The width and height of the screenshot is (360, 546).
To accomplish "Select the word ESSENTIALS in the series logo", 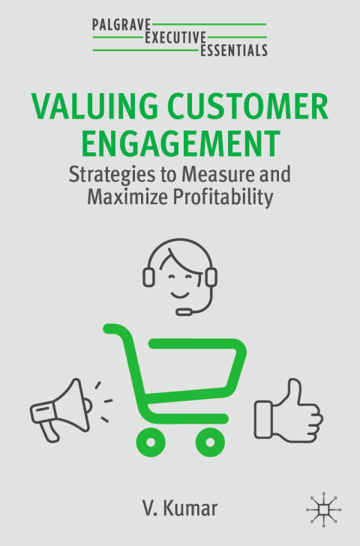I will tap(234, 50).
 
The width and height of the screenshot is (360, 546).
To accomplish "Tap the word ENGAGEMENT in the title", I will tap(180, 142).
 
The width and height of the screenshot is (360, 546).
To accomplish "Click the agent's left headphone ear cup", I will tap(148, 277).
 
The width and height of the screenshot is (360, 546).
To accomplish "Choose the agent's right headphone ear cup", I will tap(211, 277).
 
